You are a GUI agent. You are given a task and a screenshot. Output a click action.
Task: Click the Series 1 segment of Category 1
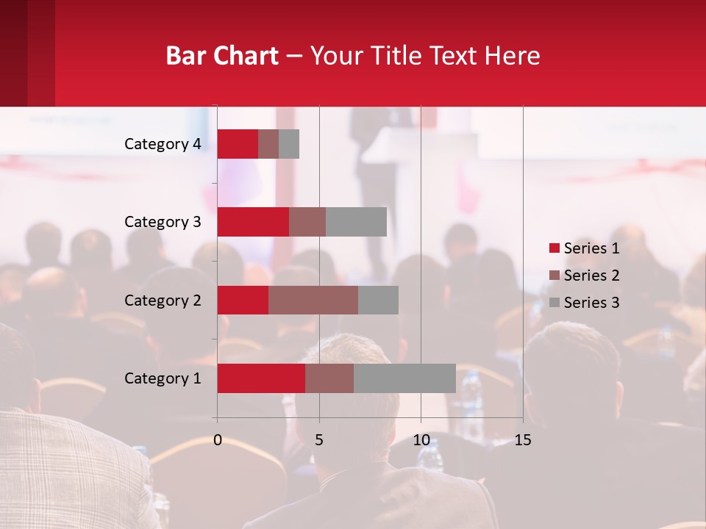click(261, 378)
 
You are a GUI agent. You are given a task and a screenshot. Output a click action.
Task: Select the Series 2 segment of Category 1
click(329, 378)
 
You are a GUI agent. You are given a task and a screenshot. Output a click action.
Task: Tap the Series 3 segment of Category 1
click(404, 378)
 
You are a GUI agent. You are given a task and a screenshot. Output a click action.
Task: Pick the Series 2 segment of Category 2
click(313, 300)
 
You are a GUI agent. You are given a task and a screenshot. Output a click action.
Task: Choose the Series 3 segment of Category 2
click(378, 300)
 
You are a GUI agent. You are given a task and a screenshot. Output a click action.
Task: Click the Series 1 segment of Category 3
click(253, 222)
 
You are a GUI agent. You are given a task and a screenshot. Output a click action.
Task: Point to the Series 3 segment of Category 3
click(356, 222)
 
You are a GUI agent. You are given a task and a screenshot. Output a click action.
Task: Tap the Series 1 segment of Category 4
click(238, 144)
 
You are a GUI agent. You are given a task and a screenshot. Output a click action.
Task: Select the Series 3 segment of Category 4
click(289, 144)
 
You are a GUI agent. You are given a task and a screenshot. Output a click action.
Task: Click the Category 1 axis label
click(162, 378)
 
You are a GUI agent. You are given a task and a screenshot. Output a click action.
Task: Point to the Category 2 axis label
click(162, 300)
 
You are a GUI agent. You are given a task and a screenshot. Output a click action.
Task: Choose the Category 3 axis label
click(162, 222)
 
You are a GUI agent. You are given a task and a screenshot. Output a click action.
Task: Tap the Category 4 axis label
click(162, 144)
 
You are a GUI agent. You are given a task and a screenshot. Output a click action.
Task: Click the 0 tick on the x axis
click(218, 440)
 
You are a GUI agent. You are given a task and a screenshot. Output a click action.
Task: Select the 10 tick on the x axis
click(421, 440)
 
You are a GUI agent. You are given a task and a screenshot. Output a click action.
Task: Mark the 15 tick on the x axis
click(523, 440)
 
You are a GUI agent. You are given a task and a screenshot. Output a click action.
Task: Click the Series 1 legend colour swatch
click(555, 248)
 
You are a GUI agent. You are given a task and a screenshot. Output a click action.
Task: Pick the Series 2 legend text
click(591, 276)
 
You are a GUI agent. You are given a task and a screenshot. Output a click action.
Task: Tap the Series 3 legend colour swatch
click(555, 303)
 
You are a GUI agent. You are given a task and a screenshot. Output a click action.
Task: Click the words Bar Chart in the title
click(222, 56)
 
